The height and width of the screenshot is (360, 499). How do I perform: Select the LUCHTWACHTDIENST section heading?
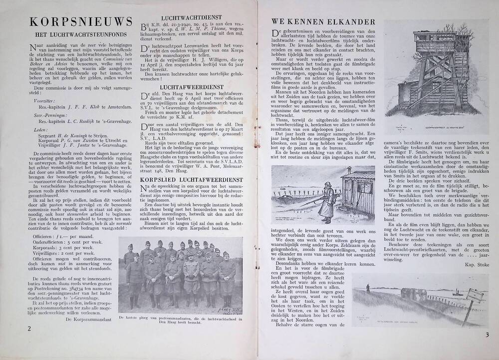click(x=185, y=18)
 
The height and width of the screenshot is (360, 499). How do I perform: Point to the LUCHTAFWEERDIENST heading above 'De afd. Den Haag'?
click(x=185, y=86)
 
